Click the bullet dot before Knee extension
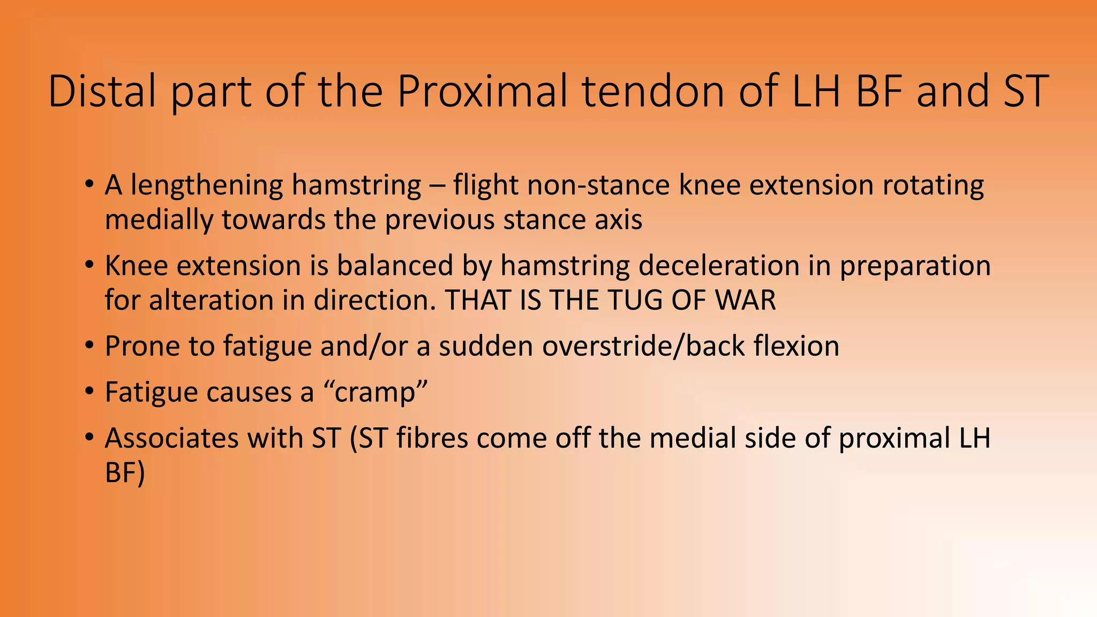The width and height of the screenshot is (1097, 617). point(89,265)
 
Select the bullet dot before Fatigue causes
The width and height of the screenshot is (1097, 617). point(89,392)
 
